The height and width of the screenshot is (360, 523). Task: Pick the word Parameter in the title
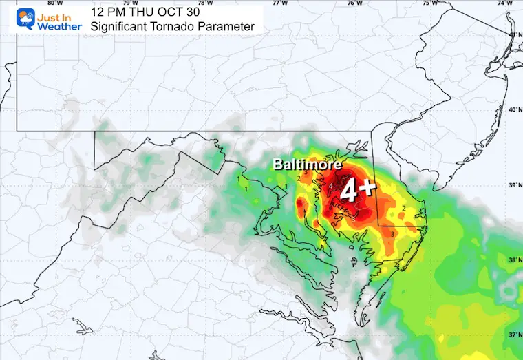click(x=229, y=27)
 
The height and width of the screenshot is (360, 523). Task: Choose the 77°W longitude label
click(x=280, y=3)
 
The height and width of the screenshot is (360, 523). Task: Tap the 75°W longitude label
click(x=430, y=3)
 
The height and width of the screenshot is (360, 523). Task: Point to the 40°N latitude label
click(x=511, y=110)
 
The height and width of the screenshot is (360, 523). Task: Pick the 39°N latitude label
click(x=511, y=186)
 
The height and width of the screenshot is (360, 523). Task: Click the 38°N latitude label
click(x=511, y=260)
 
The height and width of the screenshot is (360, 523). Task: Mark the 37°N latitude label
click(x=511, y=335)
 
